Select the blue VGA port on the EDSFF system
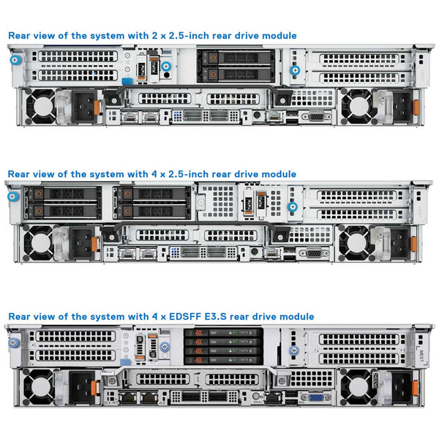tap(315, 399)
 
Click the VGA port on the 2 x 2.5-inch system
tap(315, 116)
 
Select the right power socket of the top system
tap(395, 105)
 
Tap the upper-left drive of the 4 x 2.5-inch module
tap(63, 195)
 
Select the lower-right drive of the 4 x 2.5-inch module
tap(153, 211)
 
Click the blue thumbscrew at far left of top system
tap(14, 60)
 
